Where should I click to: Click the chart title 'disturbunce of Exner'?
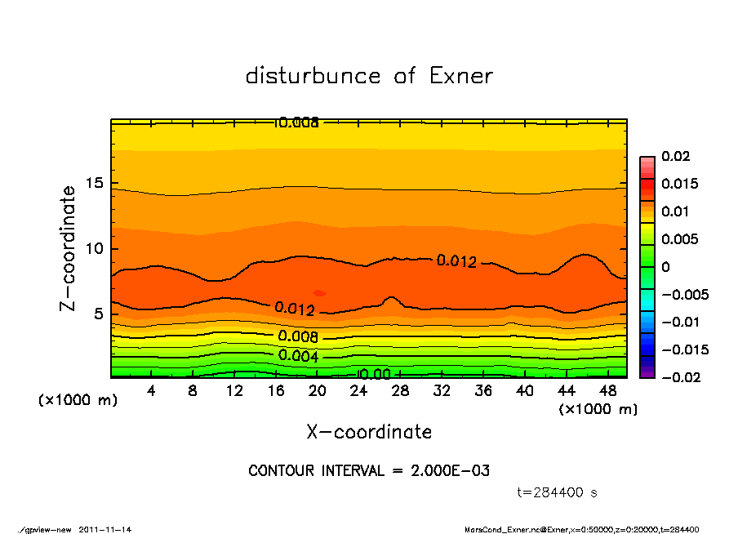(369, 76)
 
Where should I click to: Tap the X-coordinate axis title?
(369, 432)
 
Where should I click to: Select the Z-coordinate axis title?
(69, 248)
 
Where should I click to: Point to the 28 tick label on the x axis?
(400, 391)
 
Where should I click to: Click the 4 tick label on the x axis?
(152, 391)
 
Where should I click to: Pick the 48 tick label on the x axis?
(607, 391)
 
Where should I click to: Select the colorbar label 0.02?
(676, 156)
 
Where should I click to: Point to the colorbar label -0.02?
(679, 377)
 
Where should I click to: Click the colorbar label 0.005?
(679, 239)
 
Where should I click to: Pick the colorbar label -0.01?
(679, 322)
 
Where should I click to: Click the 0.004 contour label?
(298, 355)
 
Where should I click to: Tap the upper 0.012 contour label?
(456, 261)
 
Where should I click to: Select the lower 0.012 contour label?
(295, 309)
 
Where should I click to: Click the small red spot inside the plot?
(319, 292)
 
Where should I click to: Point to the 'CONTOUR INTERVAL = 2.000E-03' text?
(369, 471)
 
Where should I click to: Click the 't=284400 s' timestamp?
(558, 493)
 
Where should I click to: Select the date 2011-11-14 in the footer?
(105, 529)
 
